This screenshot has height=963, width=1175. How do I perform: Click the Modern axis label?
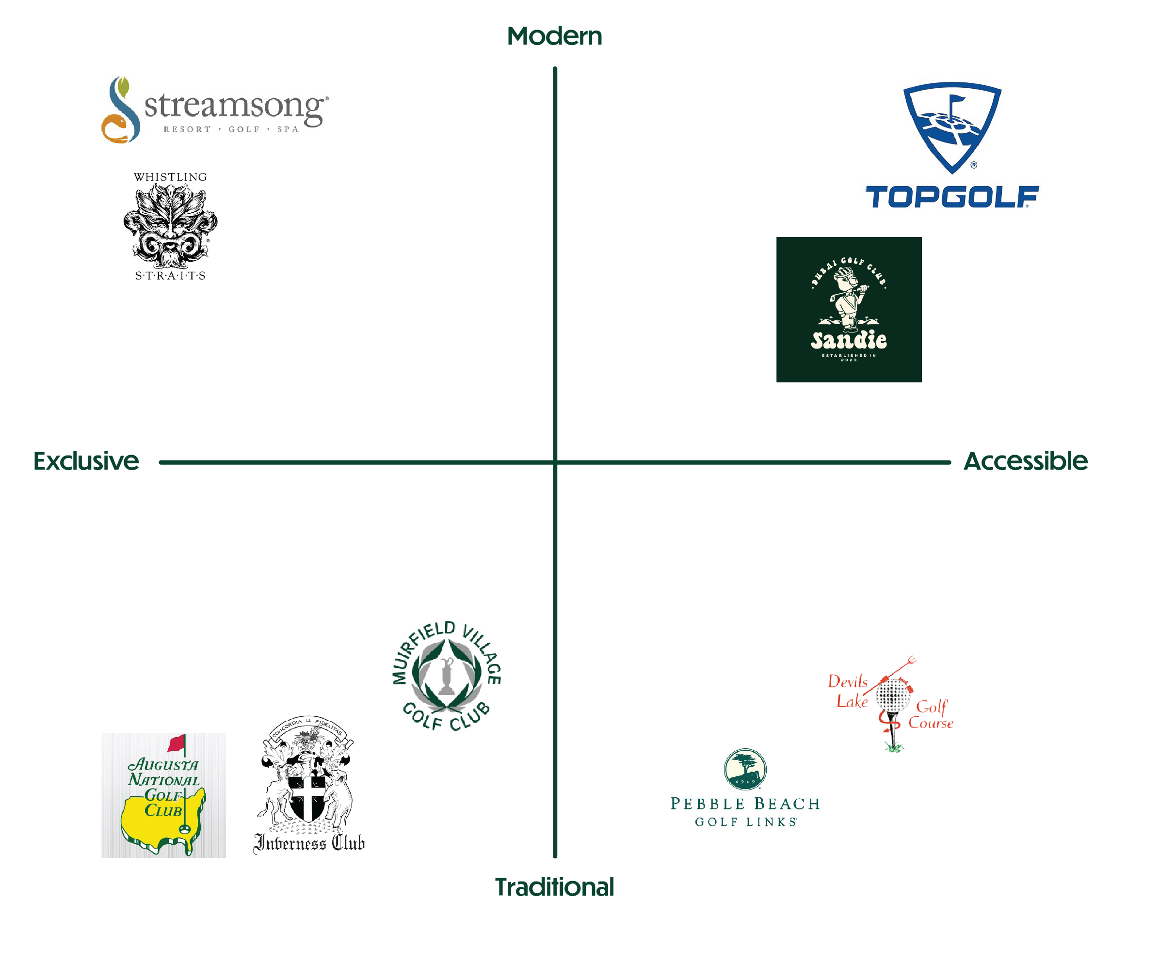pyautogui.click(x=554, y=37)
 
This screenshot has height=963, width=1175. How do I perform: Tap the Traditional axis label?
pyautogui.click(x=554, y=886)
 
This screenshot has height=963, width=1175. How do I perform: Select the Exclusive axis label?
pyautogui.click(x=86, y=461)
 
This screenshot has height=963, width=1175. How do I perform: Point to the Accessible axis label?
pyautogui.click(x=1025, y=461)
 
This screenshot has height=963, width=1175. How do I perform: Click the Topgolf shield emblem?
pyautogui.click(x=952, y=125)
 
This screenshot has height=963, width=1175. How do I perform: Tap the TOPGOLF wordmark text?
pyautogui.click(x=951, y=197)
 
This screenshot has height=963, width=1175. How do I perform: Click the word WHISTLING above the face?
pyautogui.click(x=170, y=177)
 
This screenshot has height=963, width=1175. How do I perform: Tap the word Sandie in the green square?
pyautogui.click(x=849, y=339)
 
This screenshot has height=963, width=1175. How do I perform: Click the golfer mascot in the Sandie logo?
pyautogui.click(x=848, y=297)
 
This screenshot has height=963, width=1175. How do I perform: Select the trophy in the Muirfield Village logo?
pyautogui.click(x=446, y=677)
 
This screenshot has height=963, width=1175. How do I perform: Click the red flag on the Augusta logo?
pyautogui.click(x=177, y=743)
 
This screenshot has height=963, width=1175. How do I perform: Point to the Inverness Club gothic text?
pyautogui.click(x=309, y=843)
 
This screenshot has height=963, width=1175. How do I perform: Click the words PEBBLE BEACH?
pyautogui.click(x=745, y=804)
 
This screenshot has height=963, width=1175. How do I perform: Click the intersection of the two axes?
pyautogui.click(x=554, y=461)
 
